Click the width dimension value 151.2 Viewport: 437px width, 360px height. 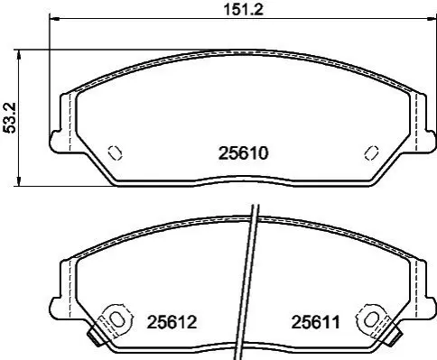tap(243, 10)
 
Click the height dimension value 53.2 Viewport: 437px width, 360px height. tap(9, 117)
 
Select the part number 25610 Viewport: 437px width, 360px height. tap(243, 153)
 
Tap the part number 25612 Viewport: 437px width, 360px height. tap(172, 322)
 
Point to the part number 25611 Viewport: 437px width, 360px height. tap(315, 322)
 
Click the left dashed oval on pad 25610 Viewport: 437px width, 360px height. tap(115, 152)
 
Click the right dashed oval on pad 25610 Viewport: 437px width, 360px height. tap(371, 152)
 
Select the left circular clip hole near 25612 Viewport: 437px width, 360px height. tap(116, 319)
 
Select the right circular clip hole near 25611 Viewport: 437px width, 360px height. tap(370, 319)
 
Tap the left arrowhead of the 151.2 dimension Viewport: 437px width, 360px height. tap(54, 19)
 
